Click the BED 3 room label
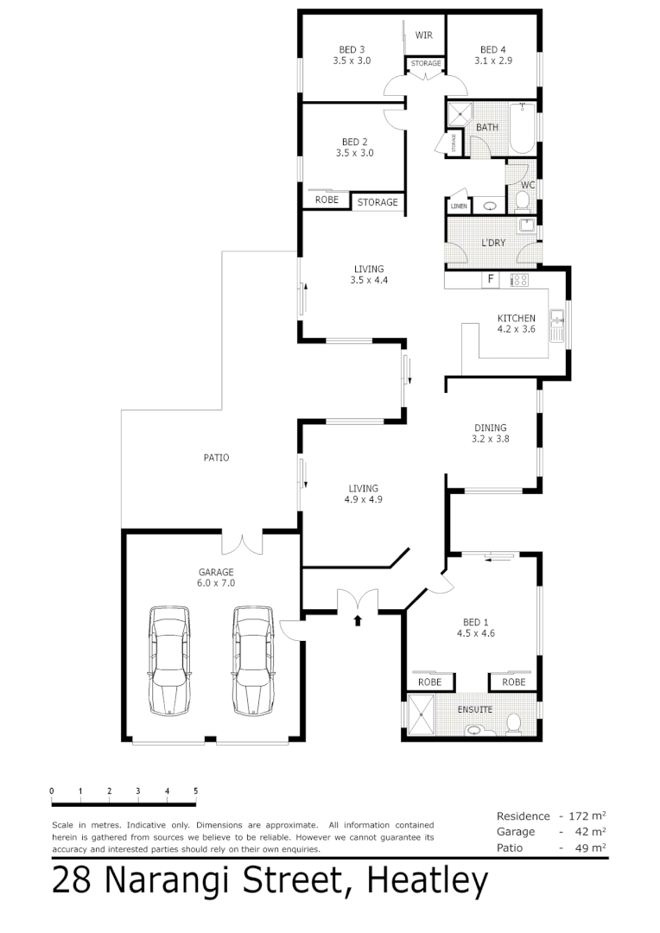click(350, 55)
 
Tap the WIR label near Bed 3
click(423, 35)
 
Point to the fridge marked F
click(491, 279)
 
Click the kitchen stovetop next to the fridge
click(519, 279)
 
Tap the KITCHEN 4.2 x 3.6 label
click(516, 323)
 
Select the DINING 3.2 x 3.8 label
click(490, 433)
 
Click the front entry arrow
click(358, 619)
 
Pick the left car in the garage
click(169, 660)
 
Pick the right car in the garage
click(252, 660)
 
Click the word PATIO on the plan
click(216, 458)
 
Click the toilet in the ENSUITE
click(512, 724)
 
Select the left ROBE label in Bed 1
click(429, 682)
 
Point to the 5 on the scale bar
click(196, 790)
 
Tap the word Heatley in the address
click(428, 881)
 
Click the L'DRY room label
click(493, 243)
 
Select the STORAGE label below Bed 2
click(378, 202)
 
